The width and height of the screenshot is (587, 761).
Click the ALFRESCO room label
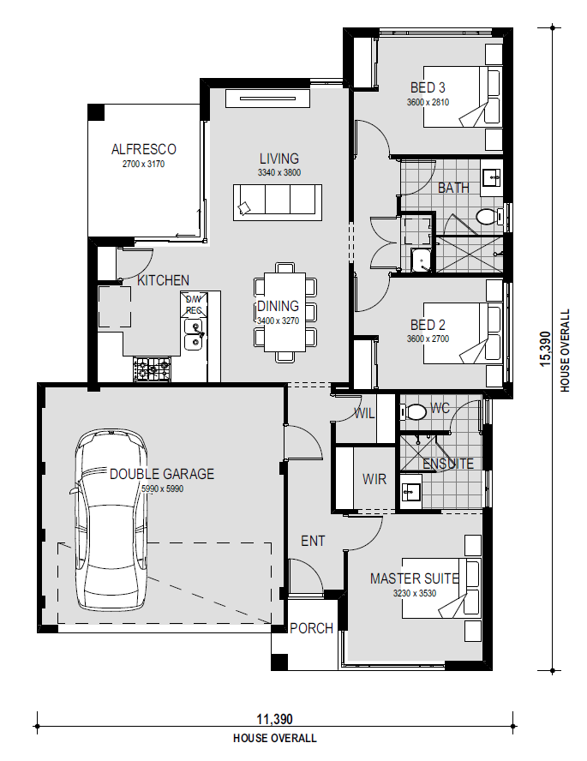pos(144,149)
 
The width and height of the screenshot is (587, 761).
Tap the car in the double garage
pos(111,520)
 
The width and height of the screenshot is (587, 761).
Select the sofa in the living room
pos(278,202)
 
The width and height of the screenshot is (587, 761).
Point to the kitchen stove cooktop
pos(153,369)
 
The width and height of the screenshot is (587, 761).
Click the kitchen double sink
pos(194,334)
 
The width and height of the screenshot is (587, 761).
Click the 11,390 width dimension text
pos(274,719)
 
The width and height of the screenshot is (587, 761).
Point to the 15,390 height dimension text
pos(546,349)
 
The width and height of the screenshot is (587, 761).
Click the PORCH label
pos(311,628)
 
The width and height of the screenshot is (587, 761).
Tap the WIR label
pos(374,479)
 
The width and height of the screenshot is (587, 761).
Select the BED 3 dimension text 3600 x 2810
pos(428,102)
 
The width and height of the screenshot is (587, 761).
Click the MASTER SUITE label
pos(415,578)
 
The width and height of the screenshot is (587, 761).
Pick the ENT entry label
pos(313,541)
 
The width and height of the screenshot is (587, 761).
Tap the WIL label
pos(364,414)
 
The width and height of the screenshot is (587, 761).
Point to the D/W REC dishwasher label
pos(194,305)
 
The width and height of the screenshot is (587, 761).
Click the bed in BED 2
pos(463,333)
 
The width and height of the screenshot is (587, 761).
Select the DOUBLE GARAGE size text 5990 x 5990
pos(162,488)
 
